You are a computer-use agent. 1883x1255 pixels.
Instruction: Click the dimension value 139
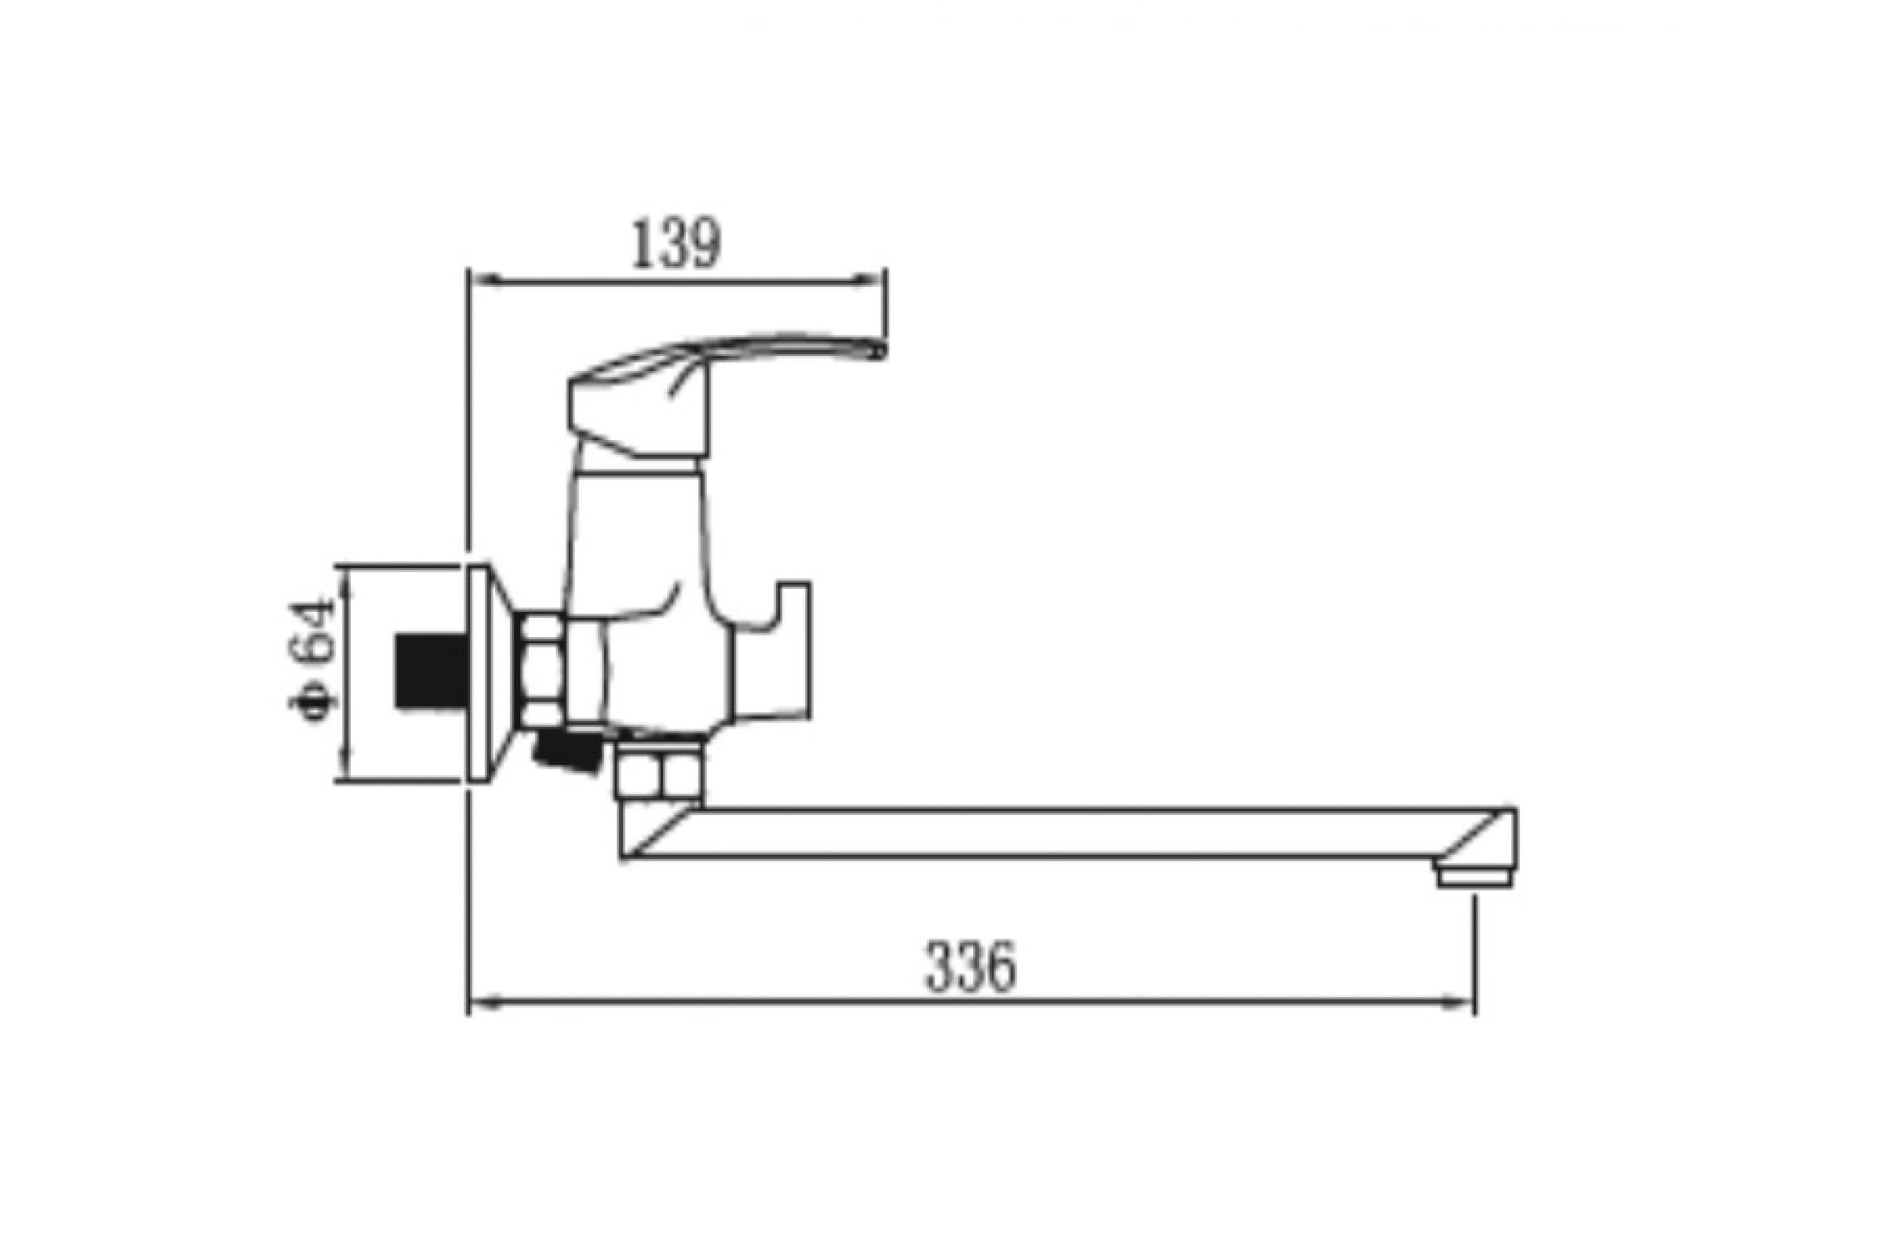tap(676, 243)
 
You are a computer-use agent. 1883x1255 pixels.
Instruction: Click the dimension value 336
tap(971, 966)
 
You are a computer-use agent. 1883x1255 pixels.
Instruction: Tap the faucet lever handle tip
tap(879, 350)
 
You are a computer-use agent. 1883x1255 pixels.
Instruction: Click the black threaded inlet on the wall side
tap(431, 671)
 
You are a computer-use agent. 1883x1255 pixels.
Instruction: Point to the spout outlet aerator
tap(1475, 878)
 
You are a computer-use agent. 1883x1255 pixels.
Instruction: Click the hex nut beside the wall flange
tap(542, 670)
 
